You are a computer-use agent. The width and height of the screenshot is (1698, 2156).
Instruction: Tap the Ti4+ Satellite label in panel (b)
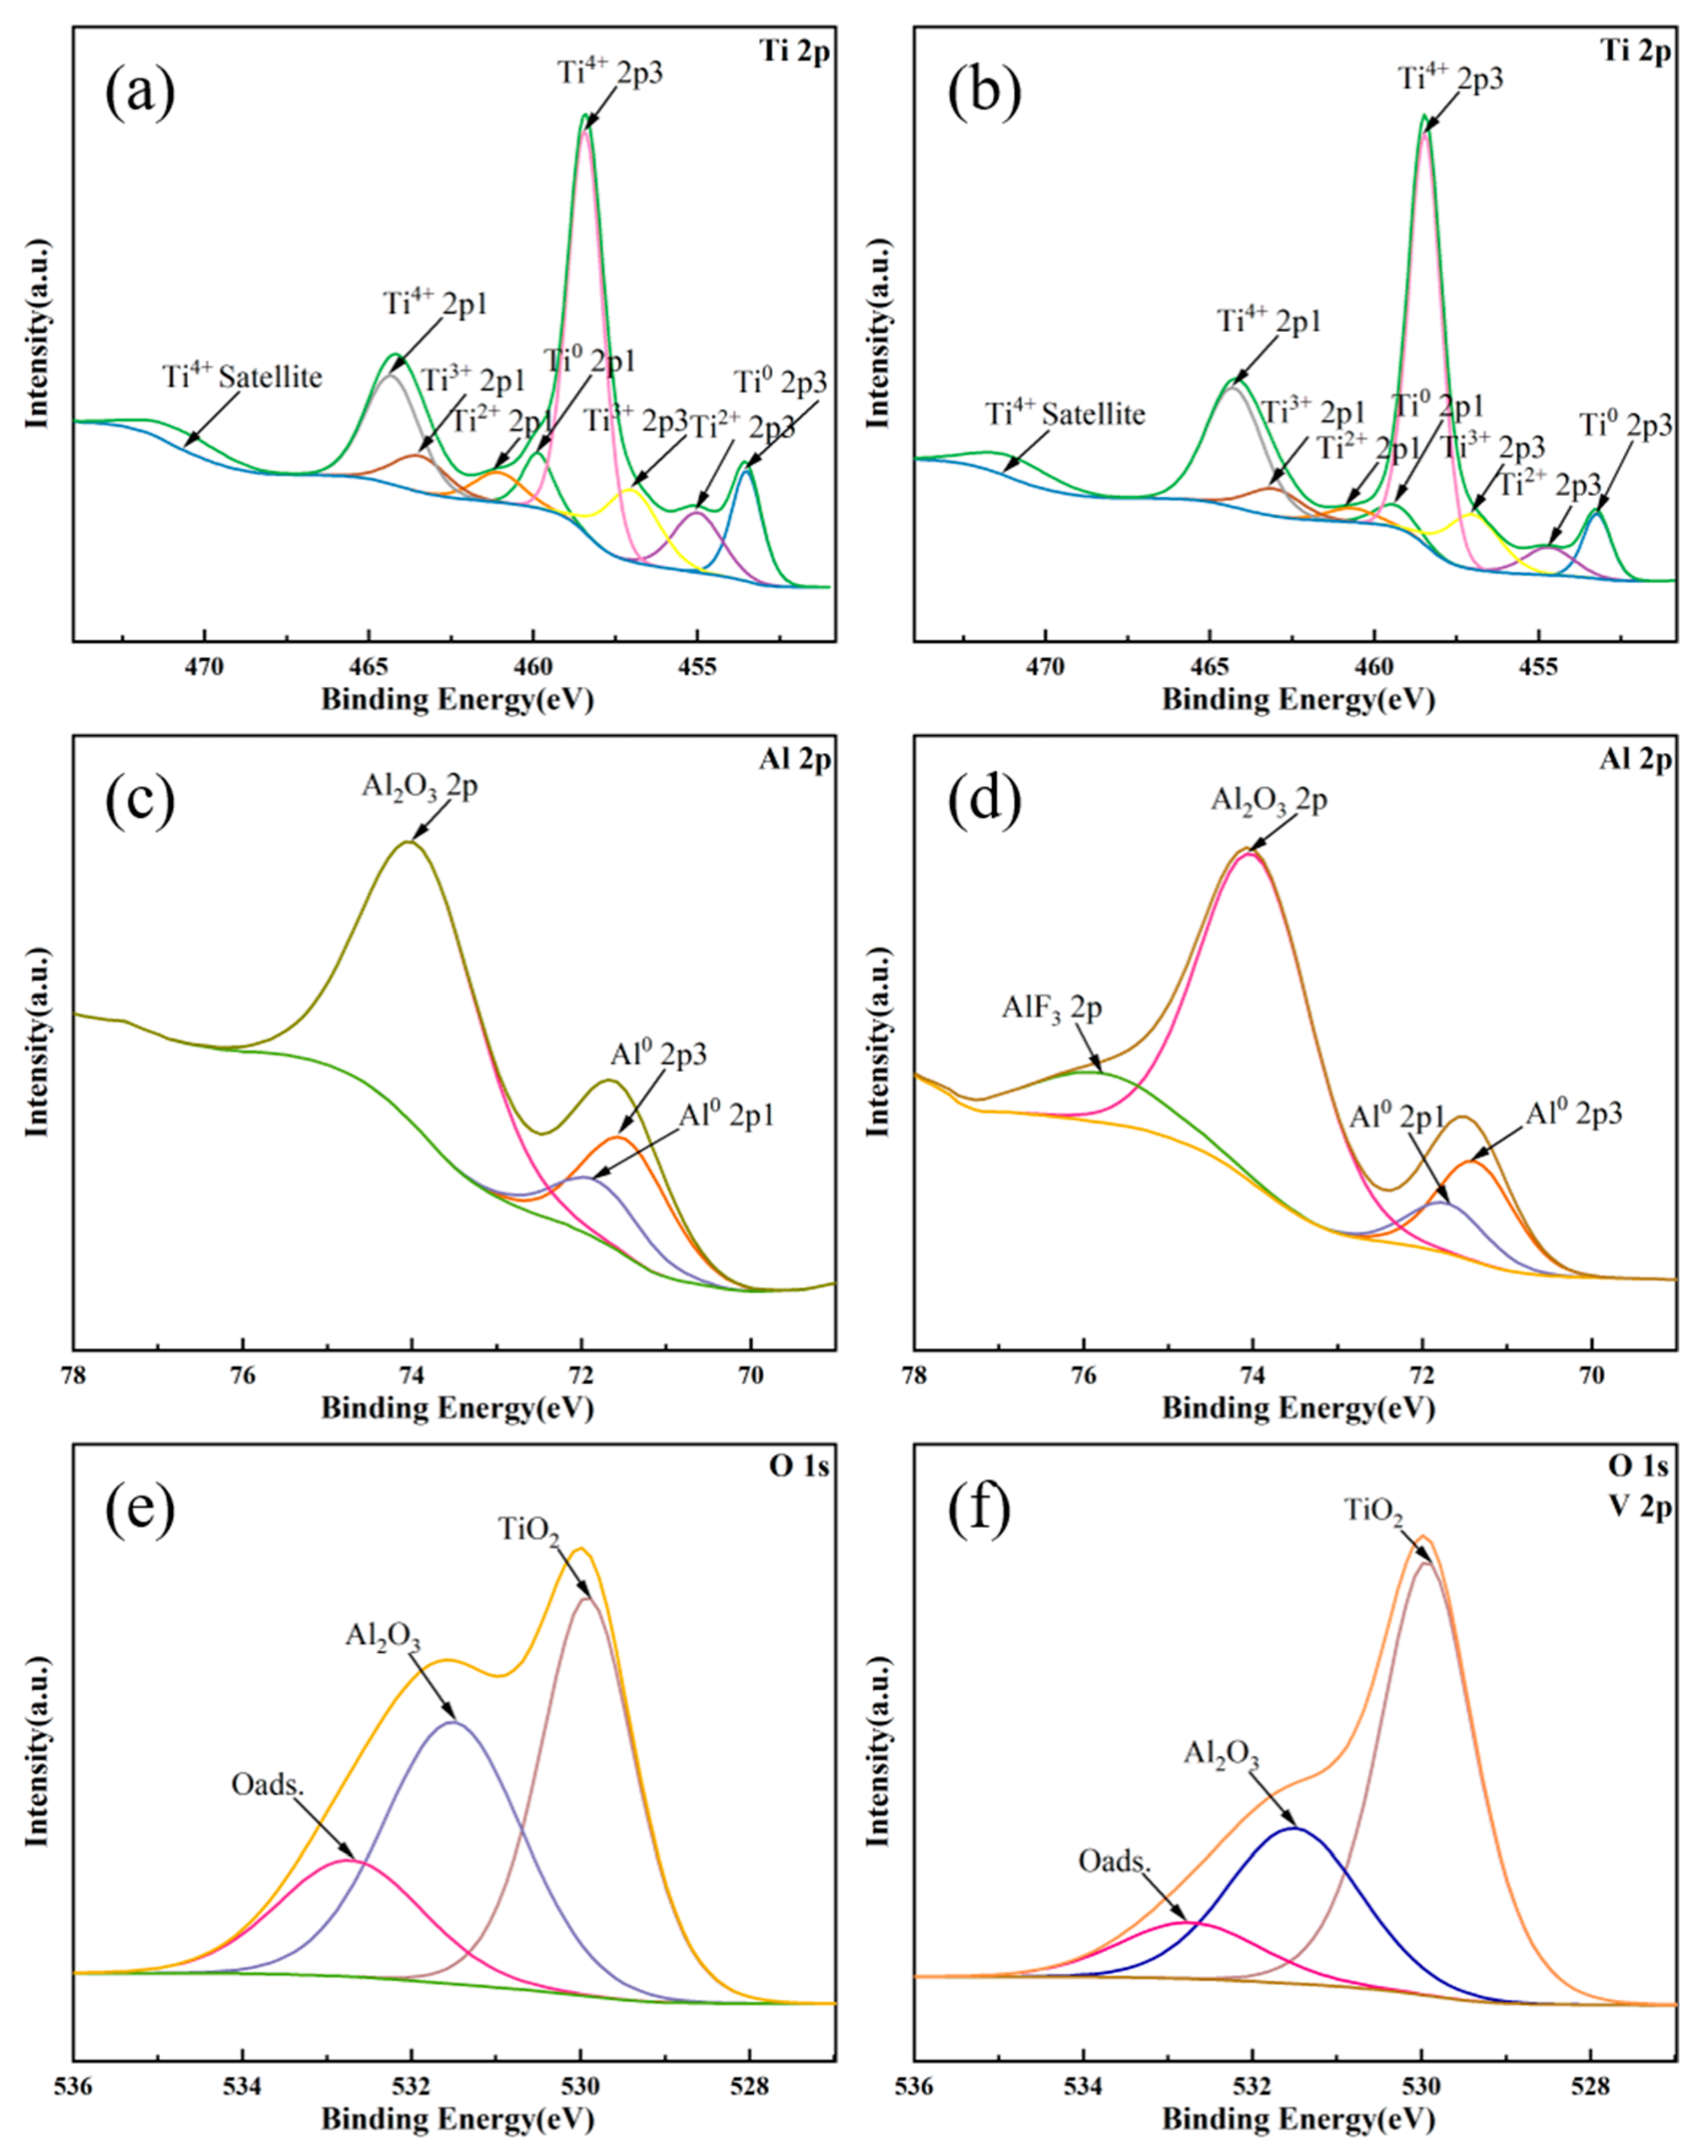[x=1065, y=414]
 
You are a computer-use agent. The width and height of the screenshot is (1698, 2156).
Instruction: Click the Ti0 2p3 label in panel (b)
[x=1626, y=427]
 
